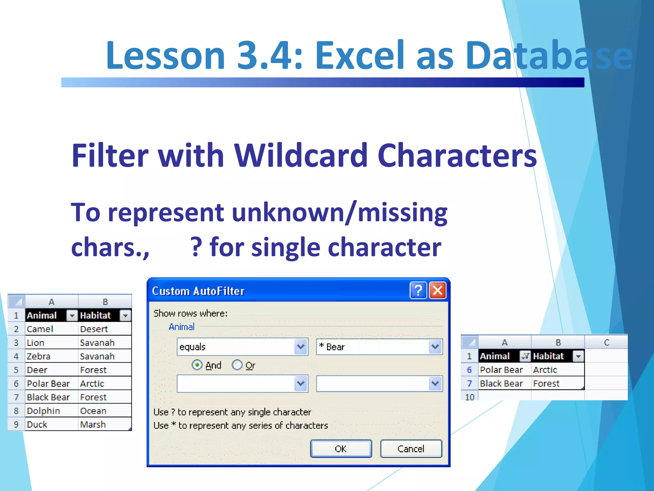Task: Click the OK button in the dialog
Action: [341, 449]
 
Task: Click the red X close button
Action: [437, 291]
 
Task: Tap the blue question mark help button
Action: [418, 291]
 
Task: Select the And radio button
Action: [197, 365]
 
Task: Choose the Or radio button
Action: [237, 365]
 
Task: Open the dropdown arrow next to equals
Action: [300, 347]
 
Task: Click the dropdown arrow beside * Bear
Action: [435, 347]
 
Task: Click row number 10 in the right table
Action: [469, 397]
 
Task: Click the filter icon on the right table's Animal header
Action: [525, 356]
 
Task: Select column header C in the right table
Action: [606, 342]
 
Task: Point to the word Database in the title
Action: [549, 55]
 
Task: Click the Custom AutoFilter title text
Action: [198, 291]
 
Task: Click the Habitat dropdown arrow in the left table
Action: [125, 316]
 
